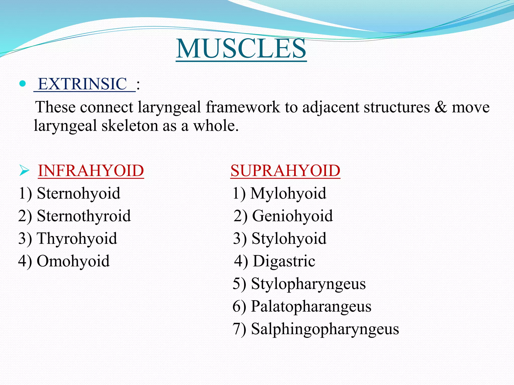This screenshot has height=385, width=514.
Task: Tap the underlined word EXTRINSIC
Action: pos(83,84)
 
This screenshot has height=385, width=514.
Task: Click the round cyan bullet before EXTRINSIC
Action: pos(23,83)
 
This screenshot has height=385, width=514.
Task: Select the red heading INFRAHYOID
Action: pos(91,171)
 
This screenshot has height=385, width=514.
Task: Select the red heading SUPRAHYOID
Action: pos(285,171)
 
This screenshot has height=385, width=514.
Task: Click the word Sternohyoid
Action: pos(79,194)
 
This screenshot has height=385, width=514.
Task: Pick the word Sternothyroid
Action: pos(84,216)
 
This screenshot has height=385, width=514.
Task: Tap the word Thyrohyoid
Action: pos(77,239)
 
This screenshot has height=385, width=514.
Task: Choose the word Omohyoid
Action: pos(73,261)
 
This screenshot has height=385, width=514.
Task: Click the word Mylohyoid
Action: pos(288,194)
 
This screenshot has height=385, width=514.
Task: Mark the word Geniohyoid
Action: pos(292,216)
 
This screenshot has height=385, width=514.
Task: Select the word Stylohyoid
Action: pos(289,239)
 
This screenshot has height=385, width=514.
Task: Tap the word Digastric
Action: pos(284,261)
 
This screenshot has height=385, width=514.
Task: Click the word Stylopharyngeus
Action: pos(308,284)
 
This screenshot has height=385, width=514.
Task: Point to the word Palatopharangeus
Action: pos(311,307)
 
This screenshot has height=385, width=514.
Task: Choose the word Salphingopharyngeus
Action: pos(325,329)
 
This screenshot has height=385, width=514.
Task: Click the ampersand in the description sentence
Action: pos(440,107)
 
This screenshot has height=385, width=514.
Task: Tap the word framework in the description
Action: pos(243,107)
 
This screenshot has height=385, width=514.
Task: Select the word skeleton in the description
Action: pos(130,126)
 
